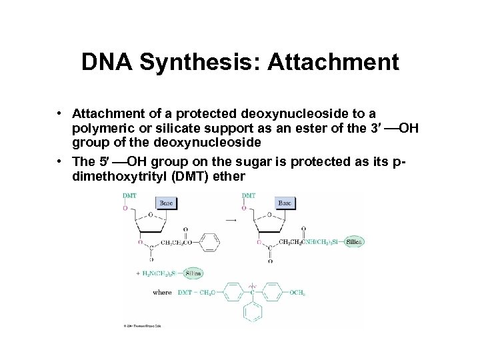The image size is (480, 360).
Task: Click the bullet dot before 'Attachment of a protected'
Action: pos(59,116)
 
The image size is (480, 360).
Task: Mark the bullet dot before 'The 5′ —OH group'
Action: pos(59,162)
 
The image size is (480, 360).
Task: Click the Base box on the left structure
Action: pos(166,201)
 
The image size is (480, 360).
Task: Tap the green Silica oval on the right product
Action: pos(355,242)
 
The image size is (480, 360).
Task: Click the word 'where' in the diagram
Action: pos(163,292)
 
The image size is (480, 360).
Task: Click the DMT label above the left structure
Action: pos(129,195)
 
